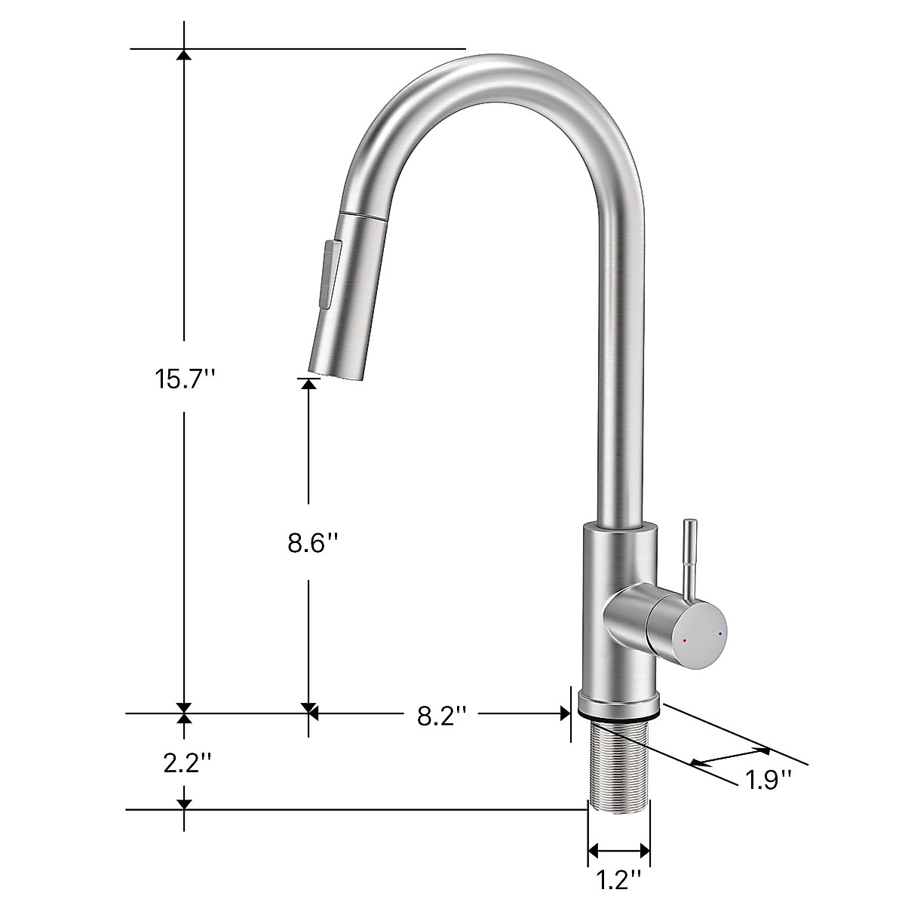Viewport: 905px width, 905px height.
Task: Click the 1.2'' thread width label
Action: [x=618, y=879]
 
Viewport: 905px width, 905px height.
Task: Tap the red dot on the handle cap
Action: [x=684, y=641]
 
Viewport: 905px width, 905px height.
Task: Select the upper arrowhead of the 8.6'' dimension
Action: [x=308, y=382]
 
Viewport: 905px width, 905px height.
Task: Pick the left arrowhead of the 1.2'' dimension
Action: [x=593, y=851]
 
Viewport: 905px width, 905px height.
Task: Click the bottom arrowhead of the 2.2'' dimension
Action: [x=183, y=805]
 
